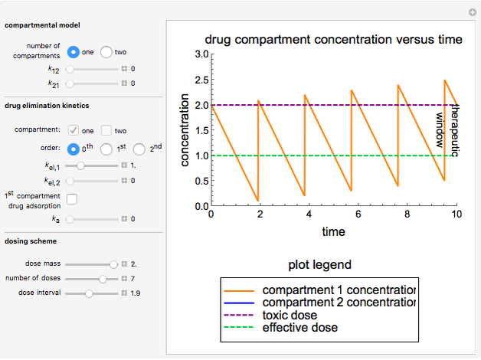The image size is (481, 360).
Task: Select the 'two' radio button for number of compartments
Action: pos(106,52)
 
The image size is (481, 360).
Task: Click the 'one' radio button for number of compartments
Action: pos(74,52)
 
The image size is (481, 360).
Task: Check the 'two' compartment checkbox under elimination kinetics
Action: pos(107,130)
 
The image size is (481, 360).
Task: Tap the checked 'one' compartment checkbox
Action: pos(74,130)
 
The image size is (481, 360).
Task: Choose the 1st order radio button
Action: pos(107,149)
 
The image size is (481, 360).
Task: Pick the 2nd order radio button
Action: pos(139,149)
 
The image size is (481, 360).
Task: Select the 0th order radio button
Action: pos(74,149)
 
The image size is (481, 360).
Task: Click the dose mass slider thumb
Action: pos(114,263)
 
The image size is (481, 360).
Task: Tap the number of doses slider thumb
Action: pos(103,278)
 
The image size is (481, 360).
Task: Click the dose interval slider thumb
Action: pos(89,293)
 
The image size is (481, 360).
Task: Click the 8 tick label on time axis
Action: pos(407,214)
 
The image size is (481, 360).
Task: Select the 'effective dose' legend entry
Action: pos(299,327)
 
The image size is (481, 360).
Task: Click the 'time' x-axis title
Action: pos(332,231)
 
